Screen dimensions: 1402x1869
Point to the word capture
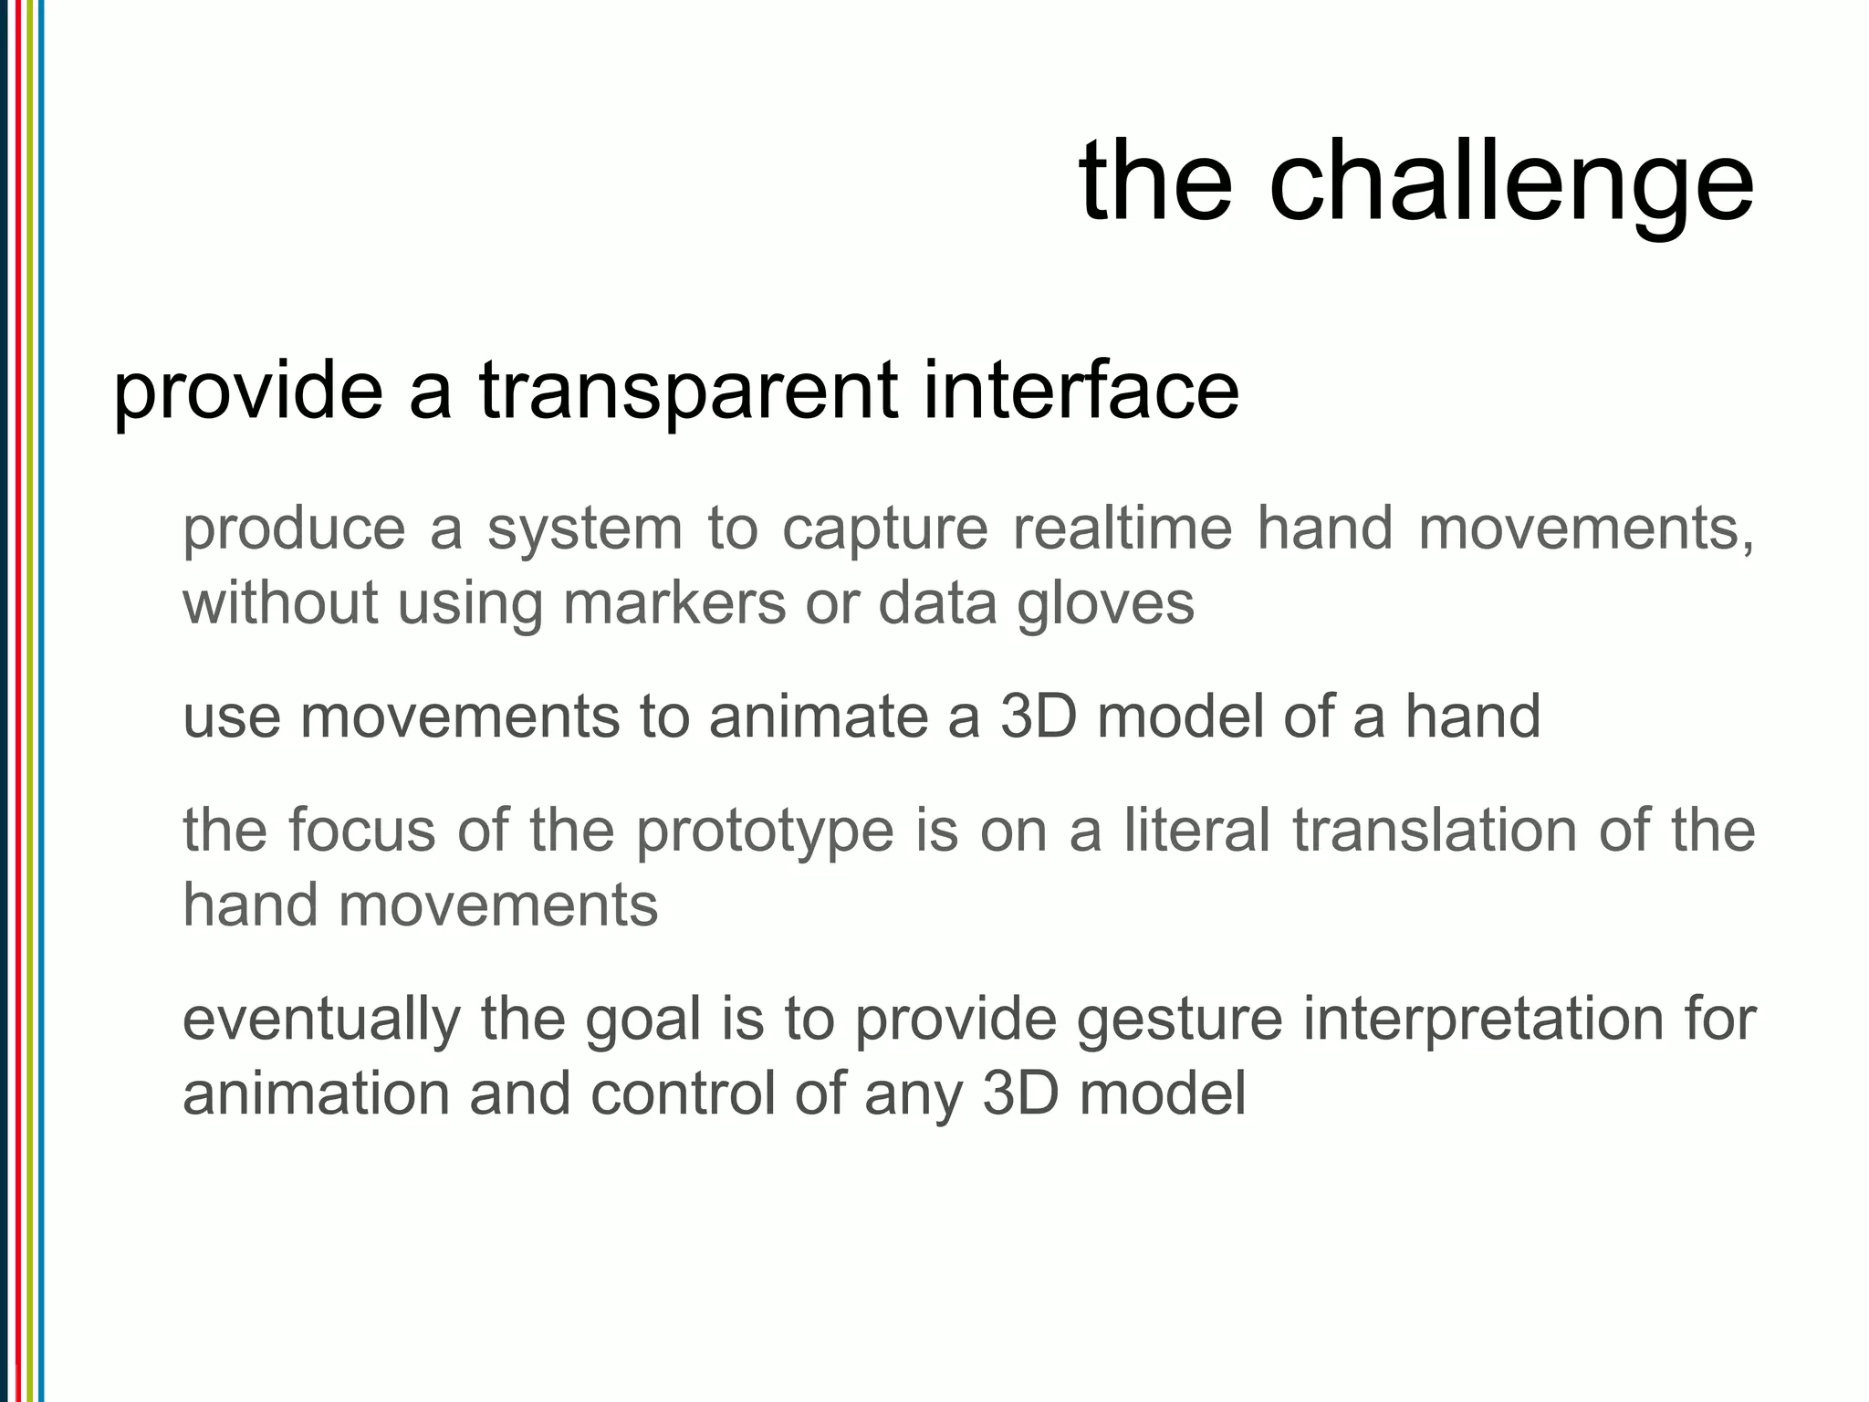click(x=884, y=529)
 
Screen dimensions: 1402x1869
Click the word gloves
click(x=1105, y=605)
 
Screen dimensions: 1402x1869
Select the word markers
click(x=673, y=603)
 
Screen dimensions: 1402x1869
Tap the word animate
click(x=817, y=717)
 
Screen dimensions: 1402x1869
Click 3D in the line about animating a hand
click(x=1038, y=717)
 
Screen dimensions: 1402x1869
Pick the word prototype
click(x=764, y=832)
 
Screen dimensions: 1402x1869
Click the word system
click(x=584, y=529)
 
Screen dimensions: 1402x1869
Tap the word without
click(x=279, y=603)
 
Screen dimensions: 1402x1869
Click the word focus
click(x=361, y=831)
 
